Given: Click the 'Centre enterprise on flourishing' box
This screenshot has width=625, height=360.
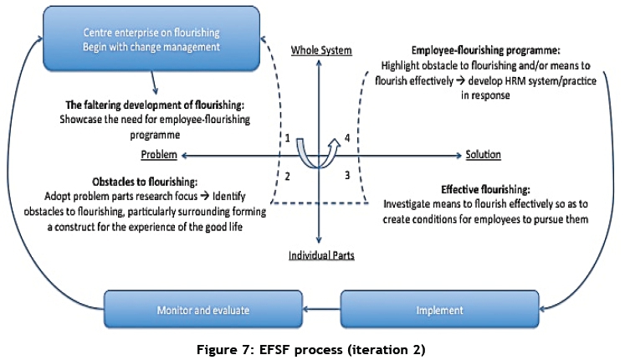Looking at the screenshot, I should pos(152,39).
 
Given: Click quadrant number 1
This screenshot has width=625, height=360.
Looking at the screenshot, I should pos(287,137).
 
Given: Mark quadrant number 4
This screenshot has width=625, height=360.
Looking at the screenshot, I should pos(346,137).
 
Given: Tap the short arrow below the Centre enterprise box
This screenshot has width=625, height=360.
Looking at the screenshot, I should pos(155,81).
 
